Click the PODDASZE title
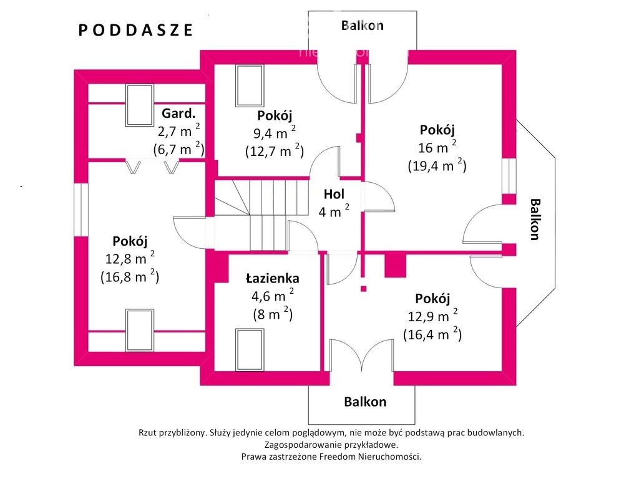tap(135, 30)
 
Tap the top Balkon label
tap(363, 25)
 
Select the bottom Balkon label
tap(365, 402)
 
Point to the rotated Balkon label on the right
tap(535, 219)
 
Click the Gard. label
tap(178, 114)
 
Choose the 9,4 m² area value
tap(275, 133)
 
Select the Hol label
tap(334, 194)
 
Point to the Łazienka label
tap(273, 278)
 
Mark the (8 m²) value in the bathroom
tap(273, 314)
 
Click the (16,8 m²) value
tap(130, 276)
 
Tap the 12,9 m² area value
tap(433, 316)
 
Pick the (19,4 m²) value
tap(437, 165)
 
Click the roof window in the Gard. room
tap(139, 105)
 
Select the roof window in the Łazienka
tap(250, 350)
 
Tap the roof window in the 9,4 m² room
tap(250, 85)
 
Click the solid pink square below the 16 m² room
tap(395, 265)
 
